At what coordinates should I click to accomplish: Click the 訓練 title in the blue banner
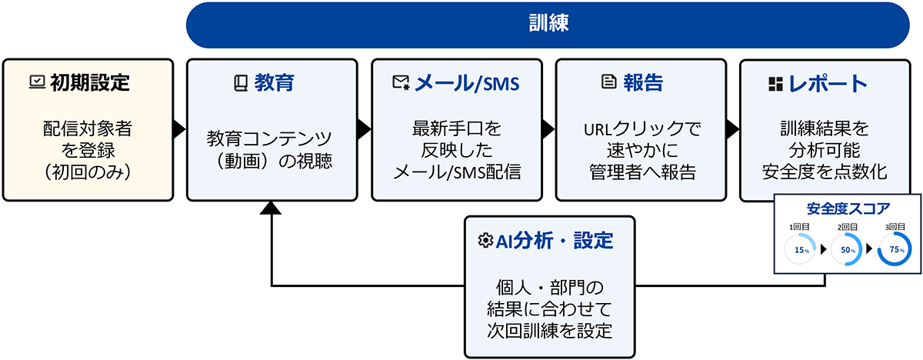click(x=548, y=24)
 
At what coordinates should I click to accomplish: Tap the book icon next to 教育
click(x=240, y=83)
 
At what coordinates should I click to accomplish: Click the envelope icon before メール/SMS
click(x=401, y=83)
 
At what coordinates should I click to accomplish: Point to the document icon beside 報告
click(x=608, y=82)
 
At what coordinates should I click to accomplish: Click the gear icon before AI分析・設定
click(x=485, y=241)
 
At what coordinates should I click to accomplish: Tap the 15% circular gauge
click(x=800, y=250)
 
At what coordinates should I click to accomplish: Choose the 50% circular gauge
click(x=846, y=250)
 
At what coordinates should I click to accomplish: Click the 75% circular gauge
click(x=895, y=250)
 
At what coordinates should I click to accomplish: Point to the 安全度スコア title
click(x=848, y=208)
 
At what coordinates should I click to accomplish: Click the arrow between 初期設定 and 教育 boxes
click(x=179, y=129)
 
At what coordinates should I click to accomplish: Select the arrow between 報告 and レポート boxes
click(x=732, y=129)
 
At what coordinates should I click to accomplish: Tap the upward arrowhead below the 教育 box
click(x=272, y=209)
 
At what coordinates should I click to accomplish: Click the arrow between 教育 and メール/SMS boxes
click(x=364, y=129)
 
